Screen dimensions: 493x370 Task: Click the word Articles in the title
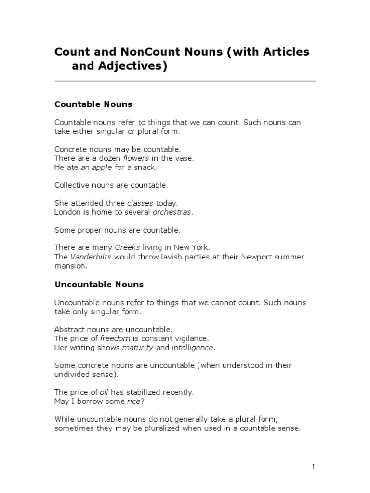click(x=284, y=52)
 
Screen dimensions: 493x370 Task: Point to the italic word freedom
click(x=115, y=338)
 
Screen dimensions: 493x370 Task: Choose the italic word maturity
click(x=138, y=348)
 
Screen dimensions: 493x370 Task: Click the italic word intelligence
click(x=193, y=348)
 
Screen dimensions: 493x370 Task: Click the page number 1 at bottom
click(x=313, y=466)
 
